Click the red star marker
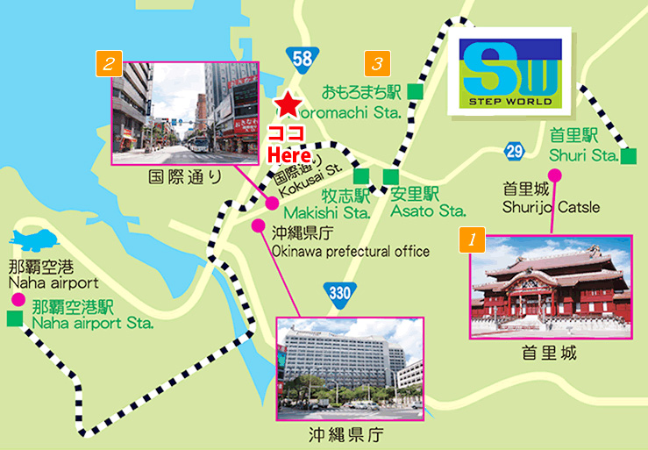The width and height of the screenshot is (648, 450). tap(286, 105)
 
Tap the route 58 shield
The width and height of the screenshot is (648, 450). tap(302, 59)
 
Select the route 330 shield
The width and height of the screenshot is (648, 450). tap(339, 292)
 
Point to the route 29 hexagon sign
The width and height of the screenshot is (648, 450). tap(515, 152)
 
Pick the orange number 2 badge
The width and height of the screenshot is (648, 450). tap(109, 63)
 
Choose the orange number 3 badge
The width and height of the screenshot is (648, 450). tap(376, 63)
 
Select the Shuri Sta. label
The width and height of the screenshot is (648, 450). tap(583, 156)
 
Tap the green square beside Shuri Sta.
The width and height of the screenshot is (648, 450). tap(628, 157)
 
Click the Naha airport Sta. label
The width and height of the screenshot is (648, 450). tap(92, 315)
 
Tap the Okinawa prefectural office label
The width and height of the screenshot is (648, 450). tap(350, 252)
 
